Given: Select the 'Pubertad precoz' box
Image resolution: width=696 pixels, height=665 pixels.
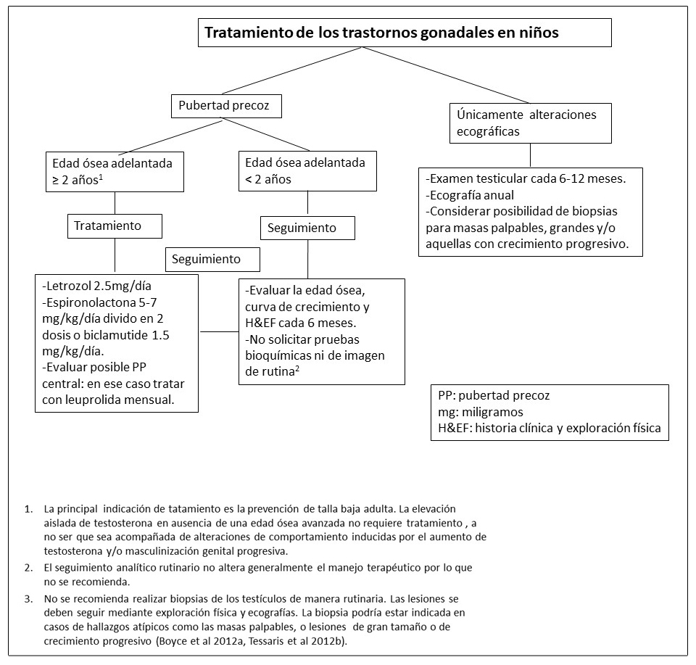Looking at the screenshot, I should click(225, 107).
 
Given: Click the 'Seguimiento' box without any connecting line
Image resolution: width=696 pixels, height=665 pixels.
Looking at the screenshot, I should click(213, 258).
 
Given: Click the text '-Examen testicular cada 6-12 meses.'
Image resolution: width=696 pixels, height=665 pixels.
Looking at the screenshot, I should click(522, 178).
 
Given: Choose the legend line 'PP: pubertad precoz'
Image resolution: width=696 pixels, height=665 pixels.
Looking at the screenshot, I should click(494, 396).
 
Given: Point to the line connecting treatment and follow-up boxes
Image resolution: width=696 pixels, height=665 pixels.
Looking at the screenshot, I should click(218, 332).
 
